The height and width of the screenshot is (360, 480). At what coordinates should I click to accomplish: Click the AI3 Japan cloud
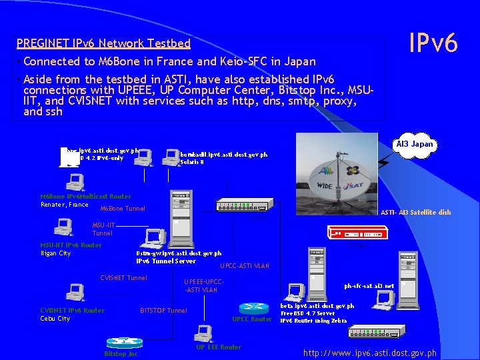[414, 145]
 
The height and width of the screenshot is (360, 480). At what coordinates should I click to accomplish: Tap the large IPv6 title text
[433, 43]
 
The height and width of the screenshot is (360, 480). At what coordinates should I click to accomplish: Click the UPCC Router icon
[253, 307]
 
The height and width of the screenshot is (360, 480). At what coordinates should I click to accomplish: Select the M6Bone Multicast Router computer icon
[75, 181]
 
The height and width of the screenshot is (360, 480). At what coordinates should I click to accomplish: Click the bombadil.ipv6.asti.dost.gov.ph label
[223, 155]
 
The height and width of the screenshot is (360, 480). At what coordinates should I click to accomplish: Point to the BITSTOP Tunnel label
[163, 310]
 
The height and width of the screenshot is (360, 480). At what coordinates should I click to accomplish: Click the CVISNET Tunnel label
[123, 278]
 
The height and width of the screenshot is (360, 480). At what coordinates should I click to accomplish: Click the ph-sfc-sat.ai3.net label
[369, 286]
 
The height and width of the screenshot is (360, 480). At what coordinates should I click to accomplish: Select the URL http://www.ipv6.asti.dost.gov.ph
[370, 353]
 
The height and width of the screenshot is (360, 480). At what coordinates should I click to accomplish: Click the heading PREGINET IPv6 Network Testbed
[103, 44]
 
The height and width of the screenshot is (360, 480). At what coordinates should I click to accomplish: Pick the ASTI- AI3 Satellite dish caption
[415, 212]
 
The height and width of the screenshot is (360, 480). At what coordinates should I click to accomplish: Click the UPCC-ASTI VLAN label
[244, 266]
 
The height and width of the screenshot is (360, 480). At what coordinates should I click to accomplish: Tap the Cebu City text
[55, 319]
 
